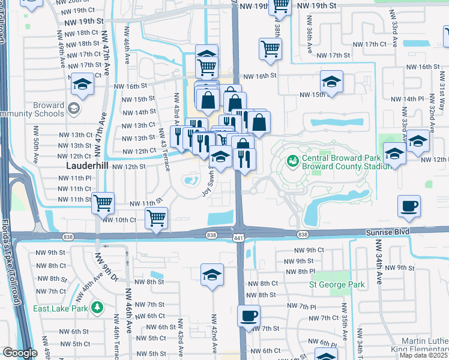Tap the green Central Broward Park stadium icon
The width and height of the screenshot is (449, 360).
click(x=293, y=160)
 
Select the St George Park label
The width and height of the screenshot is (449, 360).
click(x=337, y=284)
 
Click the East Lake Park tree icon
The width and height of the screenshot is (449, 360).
click(x=97, y=308)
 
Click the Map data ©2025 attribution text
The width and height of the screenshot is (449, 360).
click(x=424, y=355)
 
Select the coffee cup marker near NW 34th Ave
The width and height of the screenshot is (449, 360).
click(x=409, y=206)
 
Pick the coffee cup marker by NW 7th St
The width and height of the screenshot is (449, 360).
click(x=249, y=316)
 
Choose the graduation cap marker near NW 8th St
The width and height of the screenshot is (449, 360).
click(x=211, y=275)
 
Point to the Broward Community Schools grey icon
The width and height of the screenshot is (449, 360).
click(x=74, y=109)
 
